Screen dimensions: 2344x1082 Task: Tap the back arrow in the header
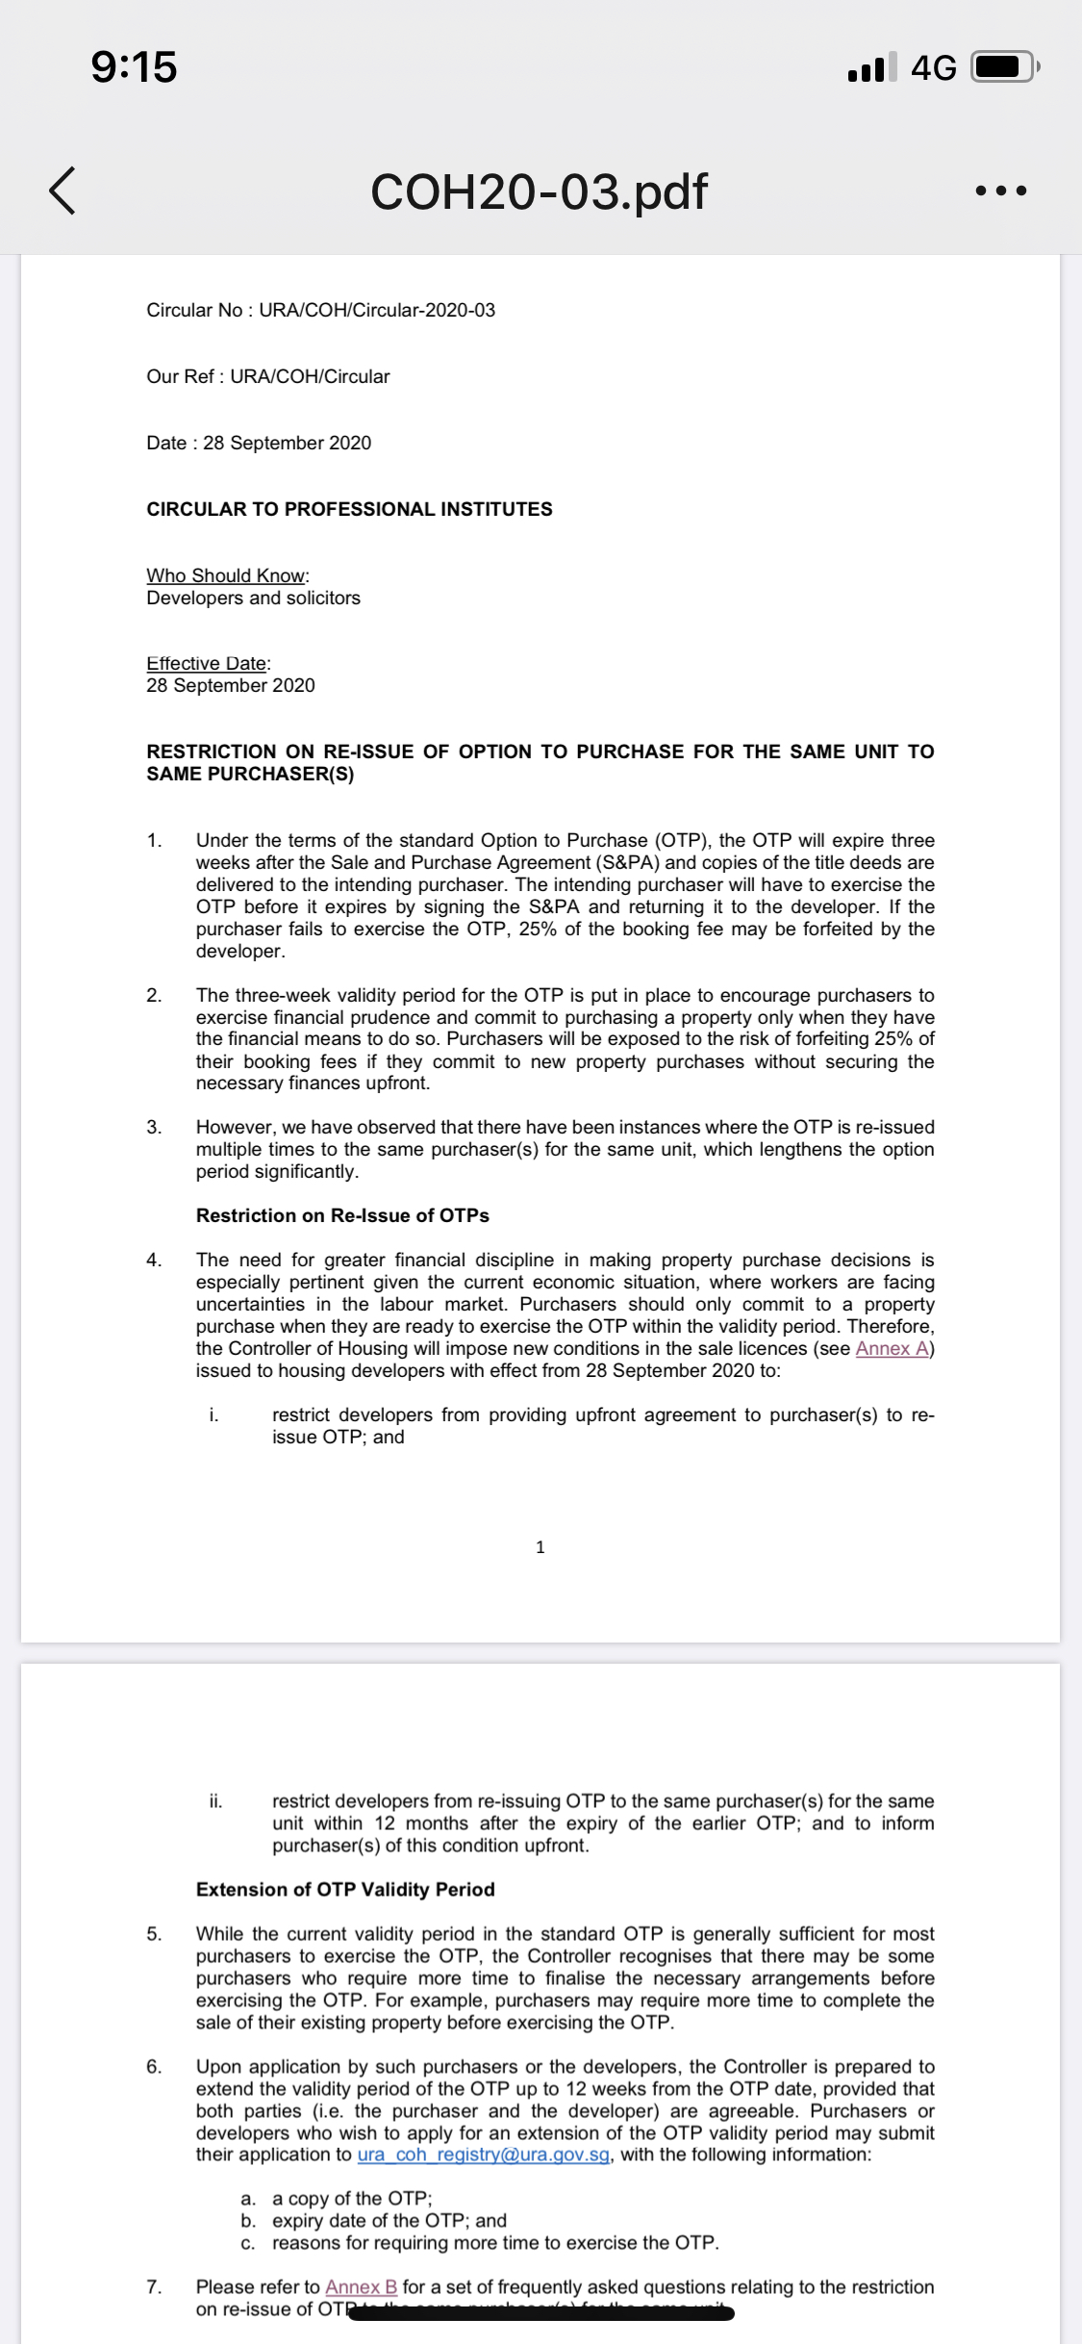pos(63,190)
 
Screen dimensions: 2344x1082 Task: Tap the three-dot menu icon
pos(1000,191)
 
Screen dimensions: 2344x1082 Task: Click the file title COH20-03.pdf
pos(539,191)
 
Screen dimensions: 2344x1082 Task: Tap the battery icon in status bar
pos(1003,67)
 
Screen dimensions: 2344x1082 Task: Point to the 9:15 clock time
pos(134,67)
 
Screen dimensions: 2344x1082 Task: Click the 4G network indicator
pos(933,67)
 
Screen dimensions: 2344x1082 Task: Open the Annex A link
pos(892,1348)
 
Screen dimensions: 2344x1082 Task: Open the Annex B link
pos(361,2286)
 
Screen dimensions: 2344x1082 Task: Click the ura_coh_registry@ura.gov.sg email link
pos(483,2153)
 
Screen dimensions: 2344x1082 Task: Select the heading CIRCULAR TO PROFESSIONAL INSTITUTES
pos(349,509)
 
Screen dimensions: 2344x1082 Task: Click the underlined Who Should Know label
pos(226,575)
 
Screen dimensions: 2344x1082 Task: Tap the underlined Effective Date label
pos(207,663)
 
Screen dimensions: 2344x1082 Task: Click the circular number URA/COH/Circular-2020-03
pos(377,310)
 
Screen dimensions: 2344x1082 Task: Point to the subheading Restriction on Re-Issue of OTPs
pos(342,1215)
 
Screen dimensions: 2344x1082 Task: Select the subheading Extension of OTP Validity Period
pos(345,1889)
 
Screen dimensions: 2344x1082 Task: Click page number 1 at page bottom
pos(540,1546)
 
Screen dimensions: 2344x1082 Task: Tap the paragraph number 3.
pos(154,1127)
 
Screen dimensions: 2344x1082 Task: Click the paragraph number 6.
pos(154,2066)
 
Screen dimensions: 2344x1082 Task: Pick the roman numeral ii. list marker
pos(215,1800)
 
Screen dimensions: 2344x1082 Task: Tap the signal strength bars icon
pos(871,67)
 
